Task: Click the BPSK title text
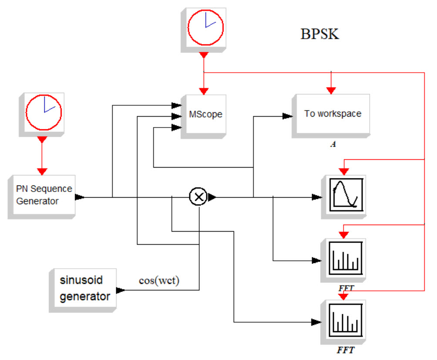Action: click(319, 34)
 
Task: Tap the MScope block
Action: click(205, 115)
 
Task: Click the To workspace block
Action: click(333, 114)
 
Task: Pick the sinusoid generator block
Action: click(84, 289)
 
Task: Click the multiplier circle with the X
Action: click(198, 197)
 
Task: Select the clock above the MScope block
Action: click(205, 27)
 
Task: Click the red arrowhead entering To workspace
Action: click(331, 91)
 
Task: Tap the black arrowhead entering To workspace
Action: click(288, 116)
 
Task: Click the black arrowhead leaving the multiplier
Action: click(212, 197)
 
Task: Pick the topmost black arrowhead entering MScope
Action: click(176, 105)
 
